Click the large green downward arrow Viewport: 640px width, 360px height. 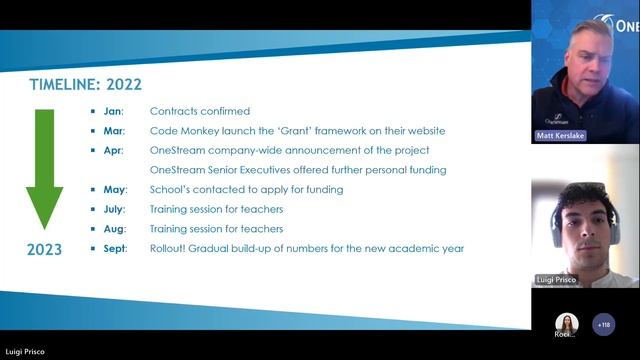[x=44, y=165]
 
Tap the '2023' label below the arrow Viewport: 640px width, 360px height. [x=44, y=249]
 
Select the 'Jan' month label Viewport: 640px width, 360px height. [x=113, y=111]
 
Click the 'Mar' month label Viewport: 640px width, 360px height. [x=114, y=131]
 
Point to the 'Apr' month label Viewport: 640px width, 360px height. [x=113, y=150]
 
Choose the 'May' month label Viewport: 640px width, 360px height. [x=115, y=189]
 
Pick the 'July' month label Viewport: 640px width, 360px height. [x=115, y=209]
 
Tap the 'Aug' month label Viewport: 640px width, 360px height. [x=114, y=228]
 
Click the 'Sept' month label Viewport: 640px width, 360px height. [x=116, y=248]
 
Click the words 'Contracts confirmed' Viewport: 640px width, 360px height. [x=200, y=111]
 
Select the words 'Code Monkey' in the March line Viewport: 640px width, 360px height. [x=181, y=131]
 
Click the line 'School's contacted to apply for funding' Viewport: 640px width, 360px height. [x=246, y=189]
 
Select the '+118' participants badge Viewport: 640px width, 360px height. [x=603, y=325]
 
